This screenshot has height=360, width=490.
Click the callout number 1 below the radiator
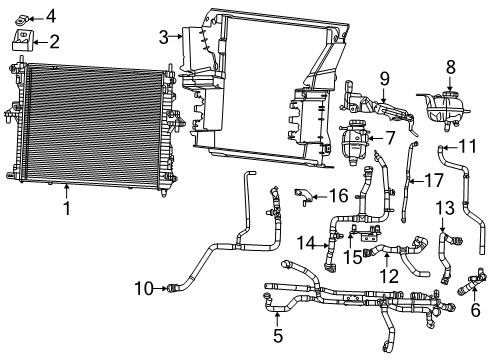67,209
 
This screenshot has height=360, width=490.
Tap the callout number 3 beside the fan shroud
163,38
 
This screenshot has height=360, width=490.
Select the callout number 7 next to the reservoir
390,136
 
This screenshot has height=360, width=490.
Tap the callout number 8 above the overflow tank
450,66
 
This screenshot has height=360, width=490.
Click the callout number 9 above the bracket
383,77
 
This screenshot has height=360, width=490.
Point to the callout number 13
444,207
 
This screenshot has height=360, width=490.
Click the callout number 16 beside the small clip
338,193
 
